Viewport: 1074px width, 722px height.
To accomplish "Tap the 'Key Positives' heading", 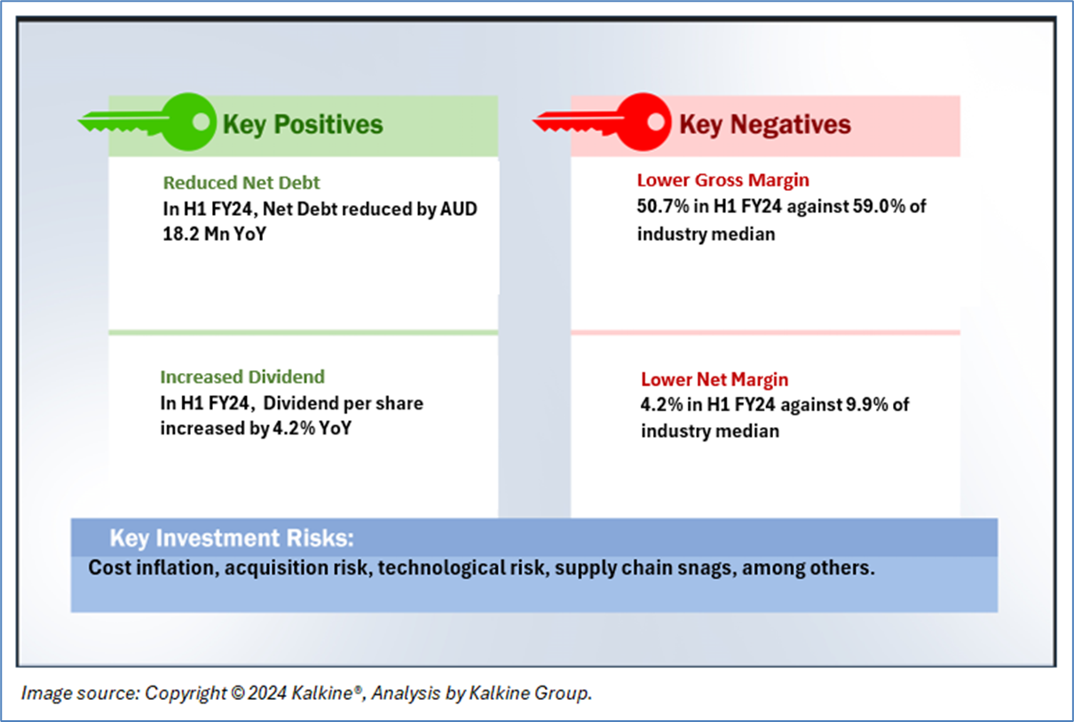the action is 303,124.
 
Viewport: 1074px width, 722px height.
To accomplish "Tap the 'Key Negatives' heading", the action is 765,124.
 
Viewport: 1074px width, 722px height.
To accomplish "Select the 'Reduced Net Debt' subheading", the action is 241,183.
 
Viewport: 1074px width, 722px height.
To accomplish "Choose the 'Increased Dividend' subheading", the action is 242,377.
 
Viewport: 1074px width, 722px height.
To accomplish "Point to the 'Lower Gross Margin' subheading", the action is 723,180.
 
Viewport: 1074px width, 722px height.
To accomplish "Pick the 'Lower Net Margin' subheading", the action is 715,379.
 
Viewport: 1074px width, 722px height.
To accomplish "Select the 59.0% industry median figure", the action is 879,206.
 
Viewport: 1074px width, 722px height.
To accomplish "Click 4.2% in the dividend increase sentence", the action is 294,428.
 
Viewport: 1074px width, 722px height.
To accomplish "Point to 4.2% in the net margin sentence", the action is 661,405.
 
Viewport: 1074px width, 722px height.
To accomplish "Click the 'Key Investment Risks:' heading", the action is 232,538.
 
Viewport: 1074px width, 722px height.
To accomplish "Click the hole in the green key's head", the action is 201,122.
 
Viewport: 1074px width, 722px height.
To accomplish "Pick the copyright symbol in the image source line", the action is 237,694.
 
